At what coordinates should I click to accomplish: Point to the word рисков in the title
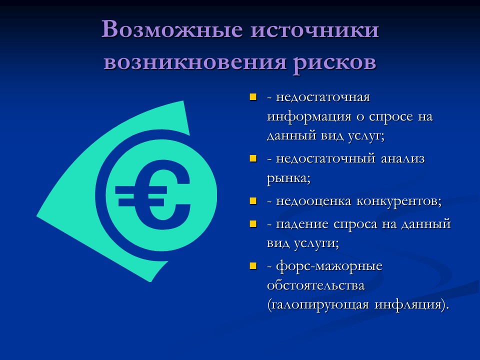click(x=334, y=63)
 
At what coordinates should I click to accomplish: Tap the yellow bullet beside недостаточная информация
click(x=253, y=96)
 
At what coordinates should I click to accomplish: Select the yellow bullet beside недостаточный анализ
click(x=253, y=158)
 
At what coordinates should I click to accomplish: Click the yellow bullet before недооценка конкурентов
click(x=253, y=201)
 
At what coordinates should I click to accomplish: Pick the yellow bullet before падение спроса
click(x=253, y=223)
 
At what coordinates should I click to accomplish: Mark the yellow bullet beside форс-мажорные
click(x=253, y=265)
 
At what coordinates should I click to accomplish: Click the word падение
click(x=301, y=223)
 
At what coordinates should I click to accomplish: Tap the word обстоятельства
click(x=315, y=285)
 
